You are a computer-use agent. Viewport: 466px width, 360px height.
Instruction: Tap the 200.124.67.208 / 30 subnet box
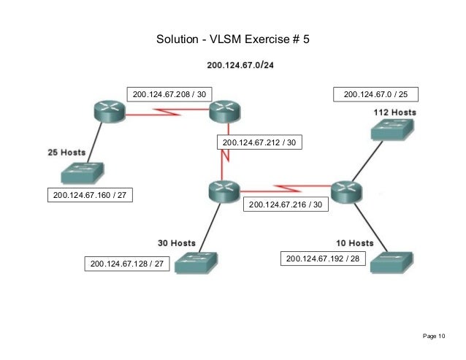[169, 94]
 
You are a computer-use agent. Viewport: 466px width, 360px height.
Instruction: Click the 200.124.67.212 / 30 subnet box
[259, 143]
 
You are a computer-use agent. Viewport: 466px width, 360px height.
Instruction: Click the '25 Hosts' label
[66, 153]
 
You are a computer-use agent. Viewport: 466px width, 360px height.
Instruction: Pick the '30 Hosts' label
[177, 242]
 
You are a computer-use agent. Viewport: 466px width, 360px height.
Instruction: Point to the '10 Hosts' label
[354, 242]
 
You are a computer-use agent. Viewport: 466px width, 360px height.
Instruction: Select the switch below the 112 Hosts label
[391, 129]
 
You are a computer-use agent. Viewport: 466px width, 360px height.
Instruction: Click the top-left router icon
[109, 112]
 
